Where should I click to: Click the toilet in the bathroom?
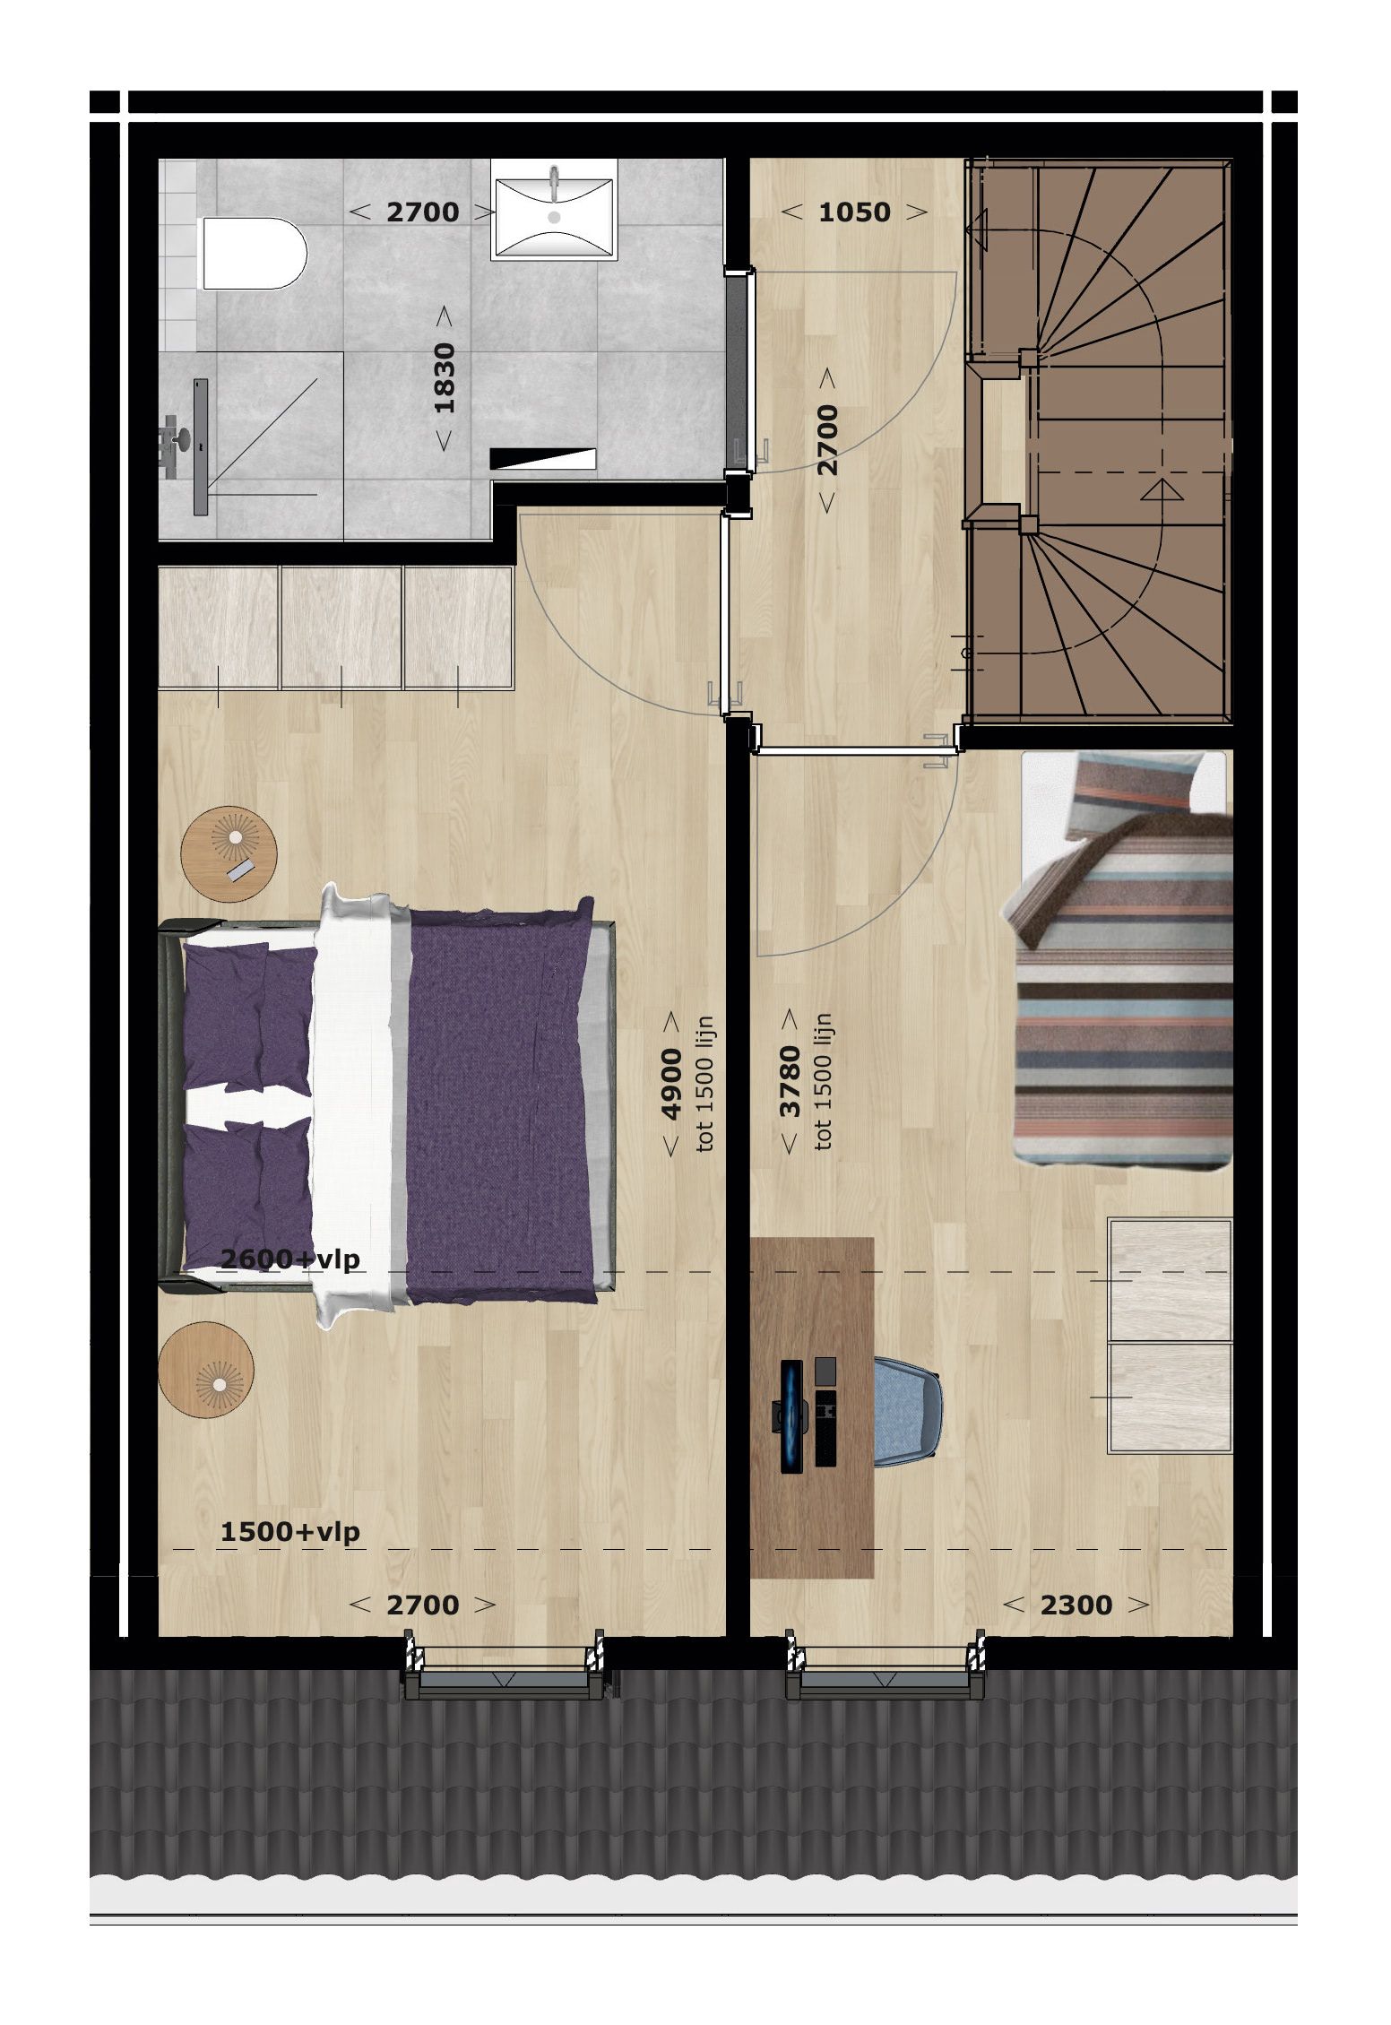[254, 254]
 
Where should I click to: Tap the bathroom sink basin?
[554, 211]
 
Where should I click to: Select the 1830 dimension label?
[445, 378]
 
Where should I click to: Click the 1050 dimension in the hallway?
[854, 212]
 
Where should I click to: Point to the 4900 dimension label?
[671, 1085]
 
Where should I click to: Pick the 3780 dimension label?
[790, 1082]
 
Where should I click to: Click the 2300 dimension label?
[1076, 1605]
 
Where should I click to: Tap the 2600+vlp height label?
[290, 1259]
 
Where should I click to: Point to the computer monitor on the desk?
[791, 1415]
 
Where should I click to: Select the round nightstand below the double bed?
[206, 1370]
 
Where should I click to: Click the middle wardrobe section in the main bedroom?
[341, 627]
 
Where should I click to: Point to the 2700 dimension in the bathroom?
[422, 212]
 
